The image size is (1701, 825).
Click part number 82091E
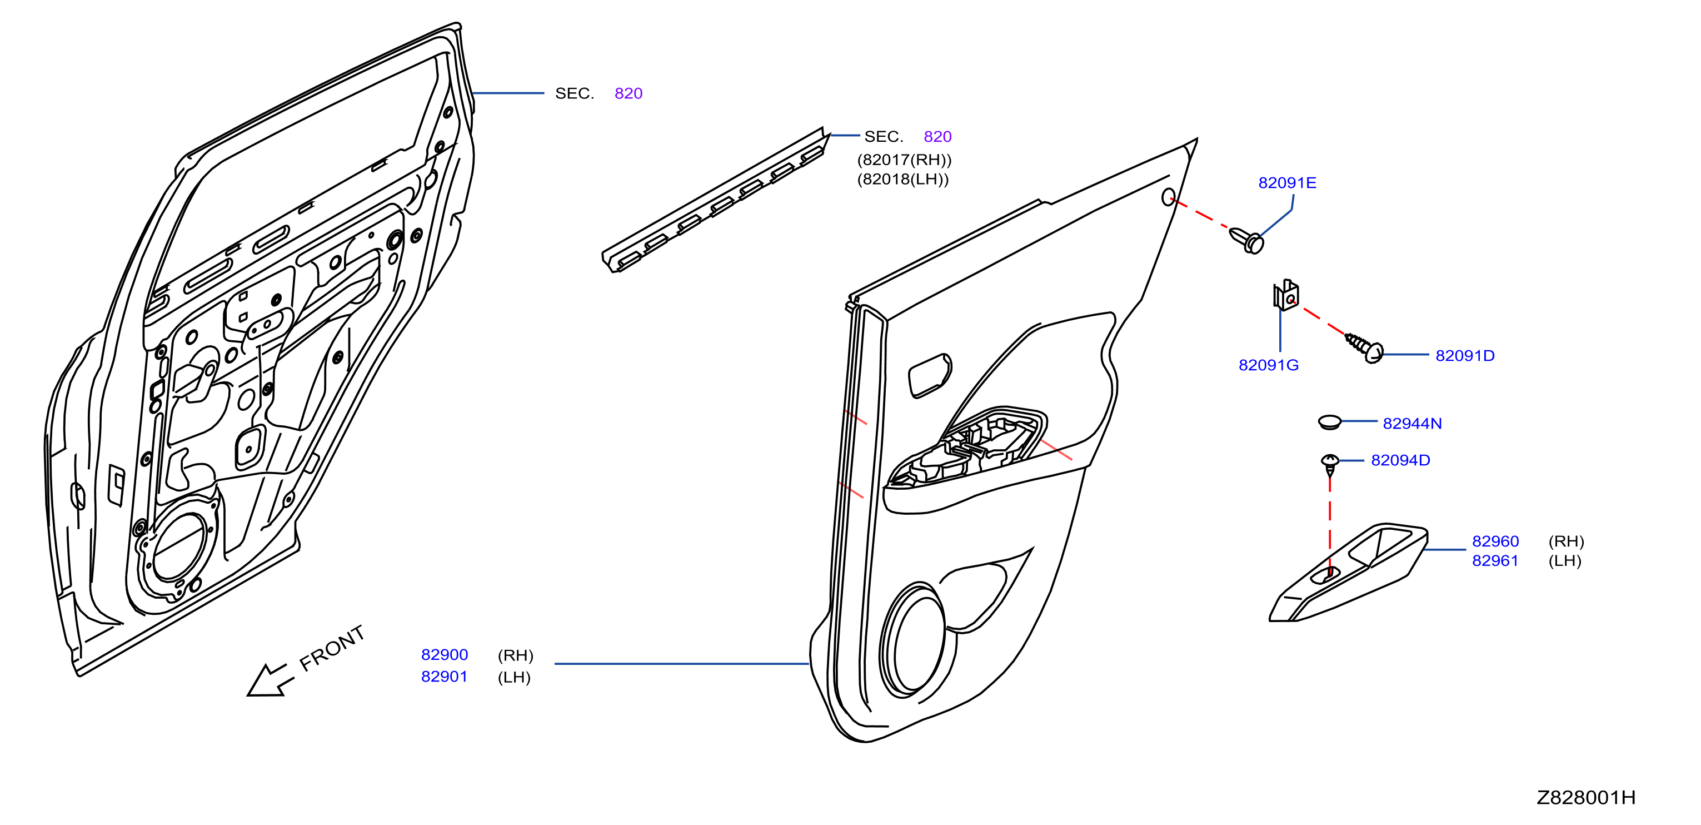1287,183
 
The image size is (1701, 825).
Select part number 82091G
1269,365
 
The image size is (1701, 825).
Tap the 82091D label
1465,356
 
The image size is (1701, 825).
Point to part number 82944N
1413,424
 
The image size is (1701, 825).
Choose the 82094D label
1400,460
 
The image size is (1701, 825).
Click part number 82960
1495,541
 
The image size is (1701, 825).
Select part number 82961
1495,561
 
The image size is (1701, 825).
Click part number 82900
445,654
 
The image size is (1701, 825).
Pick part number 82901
445,677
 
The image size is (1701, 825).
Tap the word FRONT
332,648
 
